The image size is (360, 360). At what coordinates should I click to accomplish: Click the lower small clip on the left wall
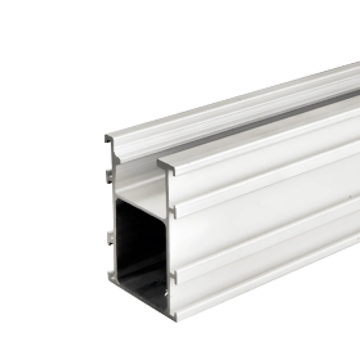point(110,238)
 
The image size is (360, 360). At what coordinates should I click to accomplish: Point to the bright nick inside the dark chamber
point(166,293)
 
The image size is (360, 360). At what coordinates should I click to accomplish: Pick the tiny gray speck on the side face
point(349,196)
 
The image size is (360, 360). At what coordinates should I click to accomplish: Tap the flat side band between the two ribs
point(265,227)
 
